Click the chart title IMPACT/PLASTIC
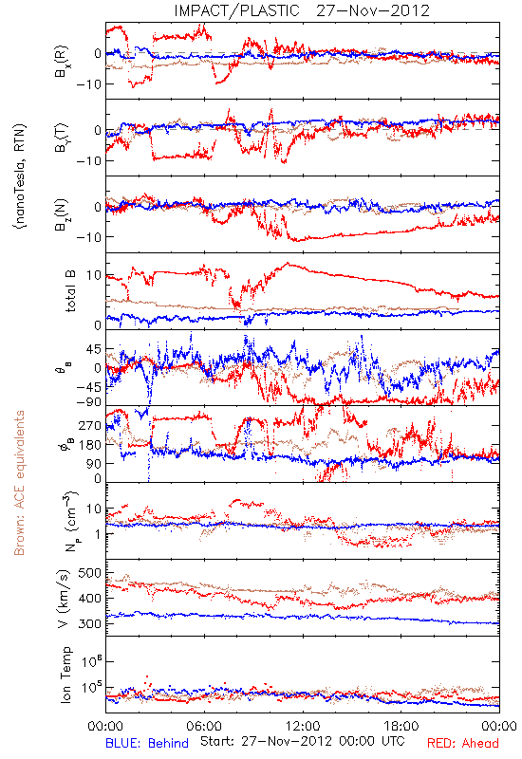tap(236, 10)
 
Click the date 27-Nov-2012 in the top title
tap(373, 10)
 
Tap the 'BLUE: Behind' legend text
tap(147, 743)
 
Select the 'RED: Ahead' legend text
tap(462, 743)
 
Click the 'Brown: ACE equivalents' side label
tap(19, 483)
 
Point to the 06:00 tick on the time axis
tap(204, 726)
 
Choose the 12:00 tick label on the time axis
tap(303, 726)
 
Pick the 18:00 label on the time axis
tap(401, 726)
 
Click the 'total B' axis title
tap(70, 291)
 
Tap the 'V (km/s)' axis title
tap(64, 599)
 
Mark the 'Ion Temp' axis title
tap(65, 675)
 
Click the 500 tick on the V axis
tap(90, 573)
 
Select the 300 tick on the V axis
tap(90, 623)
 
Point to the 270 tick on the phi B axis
tap(90, 425)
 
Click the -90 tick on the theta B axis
tap(89, 402)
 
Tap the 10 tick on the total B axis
tap(94, 275)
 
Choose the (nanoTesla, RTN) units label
tap(21, 176)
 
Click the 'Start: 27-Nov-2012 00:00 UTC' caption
tap(302, 742)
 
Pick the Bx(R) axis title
tap(62, 62)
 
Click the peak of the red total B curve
tap(289, 264)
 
